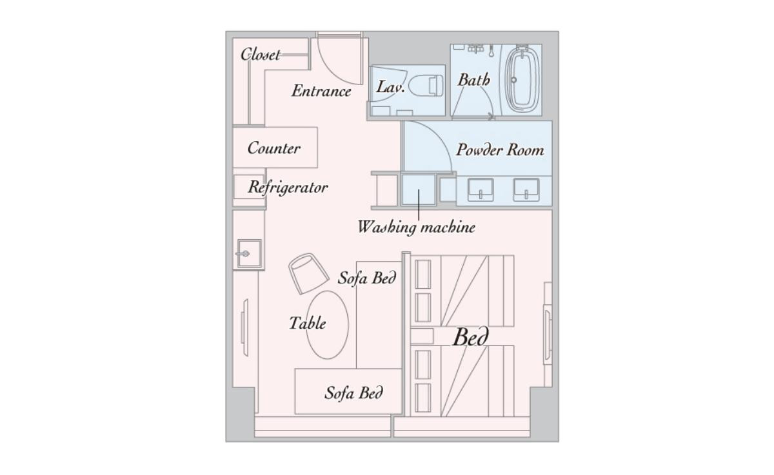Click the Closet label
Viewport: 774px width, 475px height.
pos(260,55)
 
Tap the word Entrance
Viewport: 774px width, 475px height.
pos(321,91)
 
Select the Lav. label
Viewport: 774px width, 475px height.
pos(390,86)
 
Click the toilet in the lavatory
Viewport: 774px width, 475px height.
pos(426,85)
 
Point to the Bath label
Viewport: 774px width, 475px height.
pos(473,80)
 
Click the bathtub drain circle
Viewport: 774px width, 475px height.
pos(513,80)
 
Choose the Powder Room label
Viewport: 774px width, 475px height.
pos(500,150)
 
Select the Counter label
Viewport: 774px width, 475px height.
pos(273,148)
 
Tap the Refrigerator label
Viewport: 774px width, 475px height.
pos(288,188)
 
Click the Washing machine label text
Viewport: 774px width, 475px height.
pos(417,227)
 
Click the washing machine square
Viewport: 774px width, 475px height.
pos(418,190)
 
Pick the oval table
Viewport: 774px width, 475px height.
pos(328,325)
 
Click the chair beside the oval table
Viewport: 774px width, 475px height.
pos(308,273)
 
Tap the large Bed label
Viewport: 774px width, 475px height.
pos(471,337)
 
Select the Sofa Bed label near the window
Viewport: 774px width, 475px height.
pos(353,393)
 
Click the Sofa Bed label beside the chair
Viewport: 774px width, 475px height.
pos(366,278)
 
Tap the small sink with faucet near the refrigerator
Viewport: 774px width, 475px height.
pos(249,254)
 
